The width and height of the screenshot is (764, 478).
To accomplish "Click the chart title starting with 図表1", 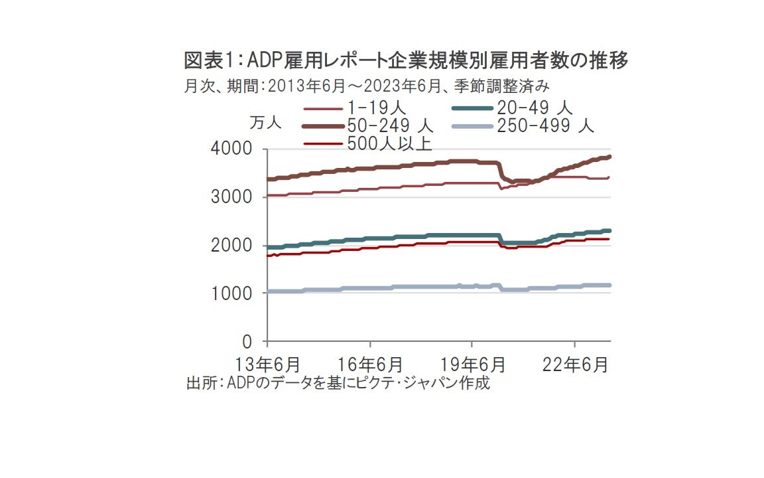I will (406, 61).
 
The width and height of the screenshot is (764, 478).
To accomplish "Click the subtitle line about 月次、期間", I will (366, 86).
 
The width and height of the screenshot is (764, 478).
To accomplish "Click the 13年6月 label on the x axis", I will (268, 364).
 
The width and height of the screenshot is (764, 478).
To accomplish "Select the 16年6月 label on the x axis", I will (370, 364).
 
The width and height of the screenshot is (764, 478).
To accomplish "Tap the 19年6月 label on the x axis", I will (472, 364).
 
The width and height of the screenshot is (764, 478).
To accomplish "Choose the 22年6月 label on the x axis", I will (574, 364).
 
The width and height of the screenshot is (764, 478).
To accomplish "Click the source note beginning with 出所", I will (338, 383).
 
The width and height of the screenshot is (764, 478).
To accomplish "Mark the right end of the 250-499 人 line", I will (609, 285).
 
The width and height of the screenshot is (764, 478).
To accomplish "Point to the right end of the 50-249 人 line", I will (609, 157).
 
